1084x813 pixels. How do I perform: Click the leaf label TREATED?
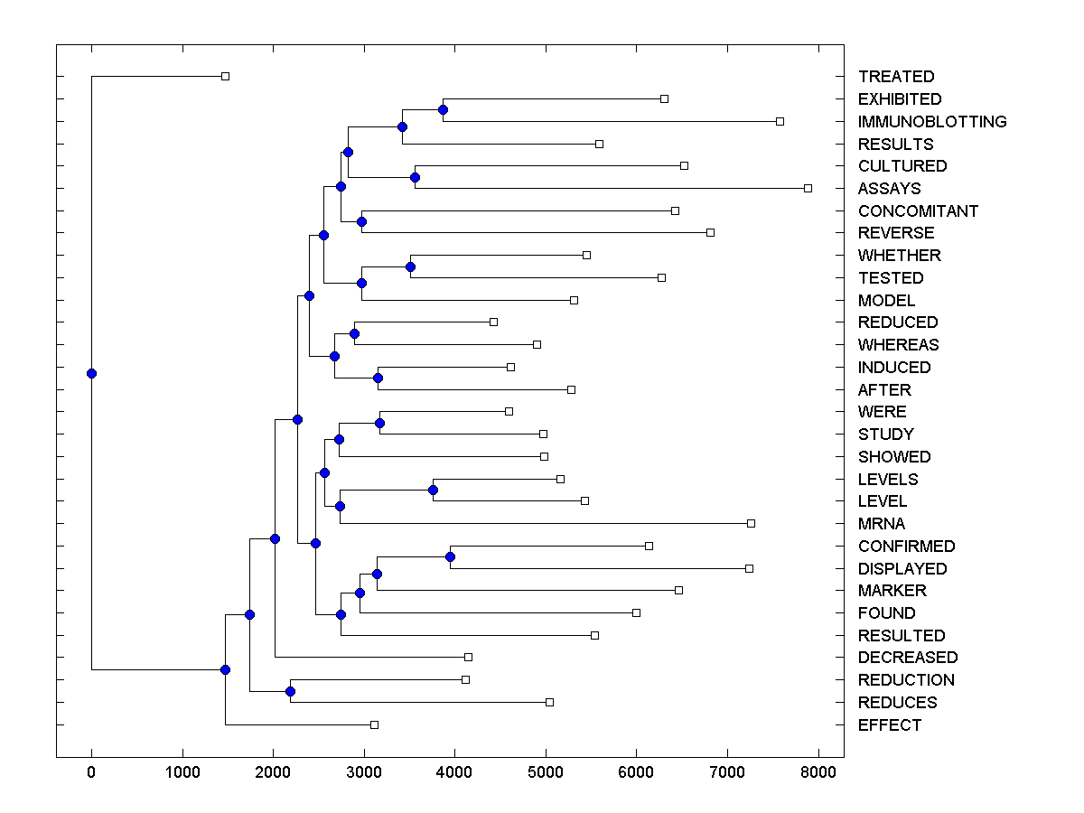896,77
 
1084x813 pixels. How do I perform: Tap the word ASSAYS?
890,189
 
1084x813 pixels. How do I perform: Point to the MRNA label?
882,524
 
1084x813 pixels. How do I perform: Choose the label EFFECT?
890,725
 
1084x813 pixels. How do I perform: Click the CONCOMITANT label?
918,211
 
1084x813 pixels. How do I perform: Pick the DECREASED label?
908,658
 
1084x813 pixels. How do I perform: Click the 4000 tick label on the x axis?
454,771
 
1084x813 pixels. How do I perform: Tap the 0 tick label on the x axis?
91,771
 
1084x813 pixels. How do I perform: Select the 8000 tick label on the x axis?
818,771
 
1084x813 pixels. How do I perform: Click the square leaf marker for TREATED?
225,77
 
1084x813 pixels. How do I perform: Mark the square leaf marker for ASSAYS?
808,188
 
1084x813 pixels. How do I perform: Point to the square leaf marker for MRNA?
751,523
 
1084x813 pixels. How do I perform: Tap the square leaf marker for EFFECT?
374,724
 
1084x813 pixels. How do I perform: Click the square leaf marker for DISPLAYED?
749,568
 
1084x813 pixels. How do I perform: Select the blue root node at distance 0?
91,373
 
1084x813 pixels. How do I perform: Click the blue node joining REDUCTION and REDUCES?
290,691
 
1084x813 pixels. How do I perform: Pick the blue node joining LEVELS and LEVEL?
433,490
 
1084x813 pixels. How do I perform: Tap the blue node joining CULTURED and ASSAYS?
415,177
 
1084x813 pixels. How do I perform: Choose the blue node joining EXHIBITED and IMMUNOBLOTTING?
443,109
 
